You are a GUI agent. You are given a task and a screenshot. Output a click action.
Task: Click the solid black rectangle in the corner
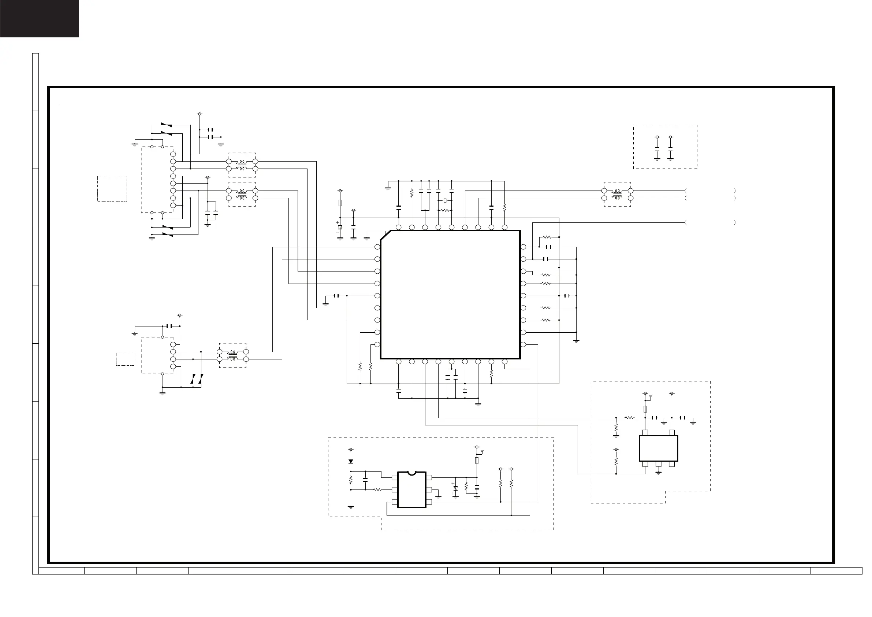click(40, 19)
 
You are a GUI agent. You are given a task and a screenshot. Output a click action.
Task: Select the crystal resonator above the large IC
click(445, 201)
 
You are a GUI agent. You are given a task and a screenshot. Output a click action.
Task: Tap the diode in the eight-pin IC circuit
click(351, 462)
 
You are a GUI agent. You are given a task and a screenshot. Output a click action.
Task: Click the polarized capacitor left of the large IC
click(340, 227)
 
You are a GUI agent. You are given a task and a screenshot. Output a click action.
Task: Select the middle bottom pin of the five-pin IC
click(659, 464)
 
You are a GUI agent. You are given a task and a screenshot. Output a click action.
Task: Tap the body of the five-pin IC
click(659, 448)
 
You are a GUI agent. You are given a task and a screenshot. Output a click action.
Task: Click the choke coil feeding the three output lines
click(618, 194)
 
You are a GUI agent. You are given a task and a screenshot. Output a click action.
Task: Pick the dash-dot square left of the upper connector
click(112, 189)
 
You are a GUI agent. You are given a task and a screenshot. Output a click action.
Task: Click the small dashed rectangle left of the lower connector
click(125, 359)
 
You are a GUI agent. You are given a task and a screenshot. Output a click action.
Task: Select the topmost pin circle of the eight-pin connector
click(173, 154)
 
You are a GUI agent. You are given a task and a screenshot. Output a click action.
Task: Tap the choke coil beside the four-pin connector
click(232, 355)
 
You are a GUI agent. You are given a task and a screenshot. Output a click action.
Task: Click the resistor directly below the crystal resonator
click(445, 210)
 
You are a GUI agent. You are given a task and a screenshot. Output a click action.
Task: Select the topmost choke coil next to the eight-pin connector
click(242, 165)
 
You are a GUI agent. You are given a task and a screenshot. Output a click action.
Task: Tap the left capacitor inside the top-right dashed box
click(657, 149)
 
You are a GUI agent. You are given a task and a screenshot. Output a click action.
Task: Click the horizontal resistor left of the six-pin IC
click(377, 489)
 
